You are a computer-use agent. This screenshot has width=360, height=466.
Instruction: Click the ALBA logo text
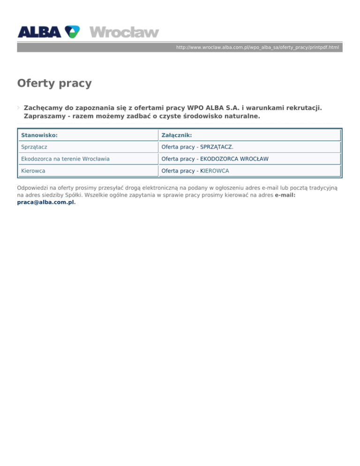click(39, 31)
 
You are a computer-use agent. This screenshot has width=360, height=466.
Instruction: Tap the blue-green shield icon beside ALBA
click(72, 31)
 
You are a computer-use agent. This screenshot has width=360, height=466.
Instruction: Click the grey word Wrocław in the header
click(124, 32)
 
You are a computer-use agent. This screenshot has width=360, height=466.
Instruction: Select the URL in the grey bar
click(257, 48)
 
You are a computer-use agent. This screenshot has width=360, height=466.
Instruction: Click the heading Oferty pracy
click(54, 83)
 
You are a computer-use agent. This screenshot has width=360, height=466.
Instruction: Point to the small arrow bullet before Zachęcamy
click(19, 107)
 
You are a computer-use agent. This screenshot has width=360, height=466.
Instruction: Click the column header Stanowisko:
click(39, 135)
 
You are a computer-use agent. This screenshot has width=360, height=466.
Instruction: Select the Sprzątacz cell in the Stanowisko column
click(34, 147)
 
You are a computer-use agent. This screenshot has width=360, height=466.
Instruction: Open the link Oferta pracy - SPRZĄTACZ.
click(197, 147)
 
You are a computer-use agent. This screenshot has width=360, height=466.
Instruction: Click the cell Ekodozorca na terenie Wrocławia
click(65, 159)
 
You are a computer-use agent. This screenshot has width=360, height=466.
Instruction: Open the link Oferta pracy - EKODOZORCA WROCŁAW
click(215, 159)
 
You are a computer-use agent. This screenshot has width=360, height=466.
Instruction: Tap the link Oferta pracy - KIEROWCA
click(195, 171)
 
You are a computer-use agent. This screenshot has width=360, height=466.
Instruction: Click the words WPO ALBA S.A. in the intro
click(213, 107)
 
